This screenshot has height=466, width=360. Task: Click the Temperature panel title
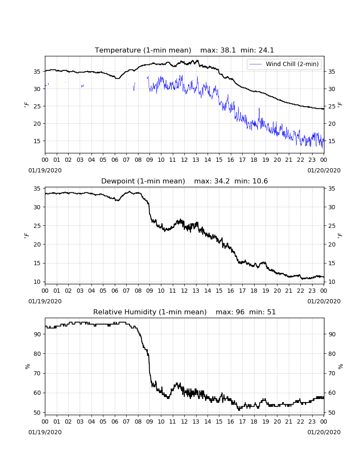click(184, 50)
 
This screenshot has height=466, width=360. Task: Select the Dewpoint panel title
click(184, 181)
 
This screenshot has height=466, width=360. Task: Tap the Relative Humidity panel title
click(184, 312)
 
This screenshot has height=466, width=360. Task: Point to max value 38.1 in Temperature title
click(228, 50)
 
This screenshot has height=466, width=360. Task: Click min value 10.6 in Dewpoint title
click(260, 181)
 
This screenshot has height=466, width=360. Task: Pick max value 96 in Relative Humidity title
click(240, 312)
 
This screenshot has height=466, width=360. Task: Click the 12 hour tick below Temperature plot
click(184, 160)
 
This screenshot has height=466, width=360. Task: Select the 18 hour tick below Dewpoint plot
click(254, 291)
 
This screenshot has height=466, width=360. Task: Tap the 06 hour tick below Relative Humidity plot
click(115, 422)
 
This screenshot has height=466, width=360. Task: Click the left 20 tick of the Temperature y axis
click(37, 124)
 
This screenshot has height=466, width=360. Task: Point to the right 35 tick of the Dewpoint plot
click(332, 189)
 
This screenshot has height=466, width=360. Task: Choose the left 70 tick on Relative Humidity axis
click(37, 373)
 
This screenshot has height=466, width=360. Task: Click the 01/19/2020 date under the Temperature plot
click(45, 170)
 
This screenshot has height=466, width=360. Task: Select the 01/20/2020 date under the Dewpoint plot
click(324, 301)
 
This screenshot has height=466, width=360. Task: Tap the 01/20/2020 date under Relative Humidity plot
click(324, 432)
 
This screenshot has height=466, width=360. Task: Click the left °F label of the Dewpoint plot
click(26, 236)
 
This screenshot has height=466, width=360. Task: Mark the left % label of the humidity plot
click(28, 366)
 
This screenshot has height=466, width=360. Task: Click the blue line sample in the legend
click(256, 64)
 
